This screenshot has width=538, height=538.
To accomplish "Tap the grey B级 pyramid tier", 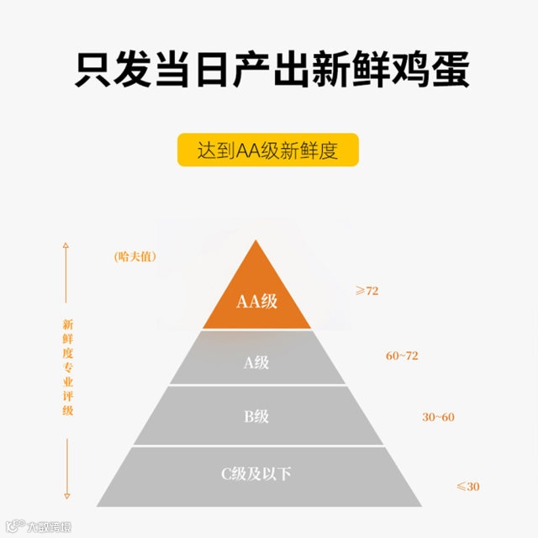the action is click(256, 415).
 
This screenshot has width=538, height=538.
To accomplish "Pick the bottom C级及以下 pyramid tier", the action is click(256, 476).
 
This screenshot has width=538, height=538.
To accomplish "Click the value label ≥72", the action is click(367, 291).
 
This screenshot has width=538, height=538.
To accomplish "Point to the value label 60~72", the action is click(402, 356).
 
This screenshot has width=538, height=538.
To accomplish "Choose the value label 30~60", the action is click(437, 417).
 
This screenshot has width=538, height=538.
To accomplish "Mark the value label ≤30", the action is click(467, 487).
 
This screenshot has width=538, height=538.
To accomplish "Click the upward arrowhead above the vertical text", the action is click(66, 247).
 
